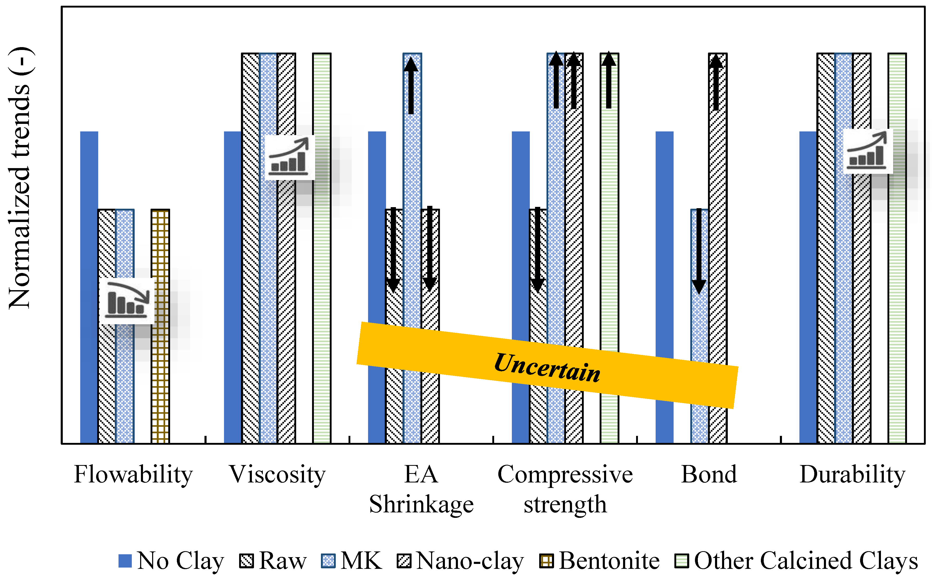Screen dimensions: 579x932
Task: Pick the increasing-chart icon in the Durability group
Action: point(868,151)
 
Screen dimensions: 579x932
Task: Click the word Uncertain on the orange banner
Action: point(547,368)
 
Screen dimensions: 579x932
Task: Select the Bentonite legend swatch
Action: point(546,561)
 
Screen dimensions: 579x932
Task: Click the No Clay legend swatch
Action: point(125,561)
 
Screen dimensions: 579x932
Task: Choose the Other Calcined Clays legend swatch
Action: point(682,561)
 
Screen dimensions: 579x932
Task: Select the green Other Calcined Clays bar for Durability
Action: point(897,306)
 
